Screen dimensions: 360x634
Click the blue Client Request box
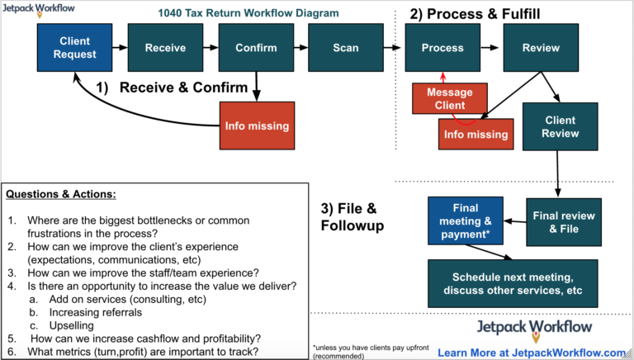pyautogui.click(x=75, y=47)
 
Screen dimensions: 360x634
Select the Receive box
pyautogui.click(x=165, y=47)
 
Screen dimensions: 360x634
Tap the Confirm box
pyautogui.click(x=256, y=47)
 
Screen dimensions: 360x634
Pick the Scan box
pyautogui.click(x=346, y=47)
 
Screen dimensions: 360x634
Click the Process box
pyautogui.click(x=442, y=47)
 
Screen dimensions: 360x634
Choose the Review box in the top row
pyautogui.click(x=541, y=47)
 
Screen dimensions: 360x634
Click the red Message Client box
pyautogui.click(x=449, y=98)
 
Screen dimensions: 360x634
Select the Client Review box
pyautogui.click(x=561, y=126)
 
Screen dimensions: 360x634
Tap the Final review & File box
pyautogui.click(x=564, y=221)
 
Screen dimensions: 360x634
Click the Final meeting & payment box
pyautogui.click(x=465, y=220)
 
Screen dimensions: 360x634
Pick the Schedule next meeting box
pyautogui.click(x=513, y=282)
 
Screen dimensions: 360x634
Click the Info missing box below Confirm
pyautogui.click(x=258, y=126)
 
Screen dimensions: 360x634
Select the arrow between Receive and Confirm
pyautogui.click(x=211, y=47)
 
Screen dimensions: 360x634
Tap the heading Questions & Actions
pyautogui.click(x=61, y=195)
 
